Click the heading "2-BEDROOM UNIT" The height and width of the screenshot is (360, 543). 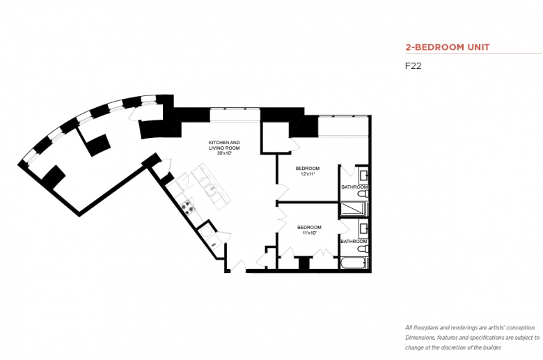click(x=448, y=47)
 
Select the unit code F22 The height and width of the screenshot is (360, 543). click(x=413, y=66)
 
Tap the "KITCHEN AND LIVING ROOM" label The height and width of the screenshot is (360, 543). click(x=224, y=145)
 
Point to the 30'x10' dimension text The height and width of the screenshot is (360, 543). click(x=224, y=153)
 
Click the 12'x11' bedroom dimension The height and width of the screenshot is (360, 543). click(x=308, y=174)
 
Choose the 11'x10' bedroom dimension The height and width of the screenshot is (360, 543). click(x=309, y=233)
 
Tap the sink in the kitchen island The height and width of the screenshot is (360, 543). click(x=210, y=189)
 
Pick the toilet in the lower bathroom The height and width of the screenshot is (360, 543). click(x=363, y=249)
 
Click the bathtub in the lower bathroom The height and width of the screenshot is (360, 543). click(x=353, y=263)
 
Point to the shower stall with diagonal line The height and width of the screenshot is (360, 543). click(x=353, y=210)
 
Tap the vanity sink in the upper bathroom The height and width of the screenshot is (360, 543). click(x=363, y=175)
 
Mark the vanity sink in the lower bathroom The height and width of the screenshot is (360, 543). click(x=363, y=228)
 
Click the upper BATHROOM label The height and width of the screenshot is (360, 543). click(x=354, y=187)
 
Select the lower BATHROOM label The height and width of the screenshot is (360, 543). click(x=354, y=241)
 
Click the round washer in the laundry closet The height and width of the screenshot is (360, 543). click(x=206, y=232)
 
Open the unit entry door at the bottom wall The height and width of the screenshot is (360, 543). click(x=239, y=266)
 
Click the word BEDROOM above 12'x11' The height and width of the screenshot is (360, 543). click(x=308, y=169)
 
